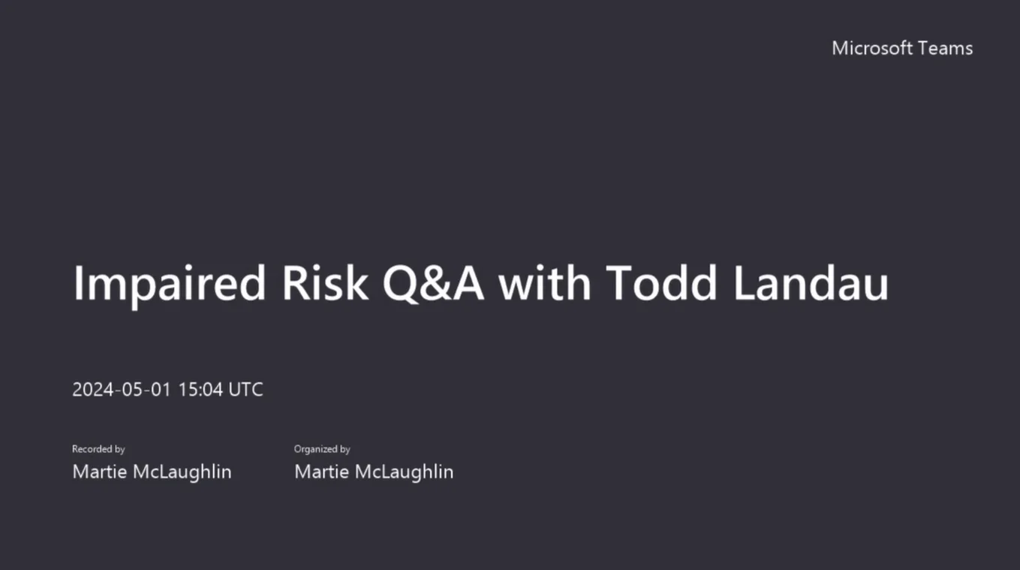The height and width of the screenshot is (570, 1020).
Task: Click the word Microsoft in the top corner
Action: coord(867,48)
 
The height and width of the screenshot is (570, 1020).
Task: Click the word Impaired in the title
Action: coord(169,284)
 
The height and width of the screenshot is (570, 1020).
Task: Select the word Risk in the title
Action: coord(325,284)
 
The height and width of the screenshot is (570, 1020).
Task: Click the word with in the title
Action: coord(545,284)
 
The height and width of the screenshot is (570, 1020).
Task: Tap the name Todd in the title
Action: coord(659,284)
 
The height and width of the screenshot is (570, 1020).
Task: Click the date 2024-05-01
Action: coord(122,390)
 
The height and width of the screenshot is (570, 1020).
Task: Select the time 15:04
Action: coord(200,390)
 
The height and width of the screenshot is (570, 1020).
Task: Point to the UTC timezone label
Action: coord(245,390)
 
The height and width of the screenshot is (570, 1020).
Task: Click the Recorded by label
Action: coord(98,449)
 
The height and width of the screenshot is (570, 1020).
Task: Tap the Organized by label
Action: coord(322,449)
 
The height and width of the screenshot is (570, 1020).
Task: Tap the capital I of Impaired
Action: coord(78,284)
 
